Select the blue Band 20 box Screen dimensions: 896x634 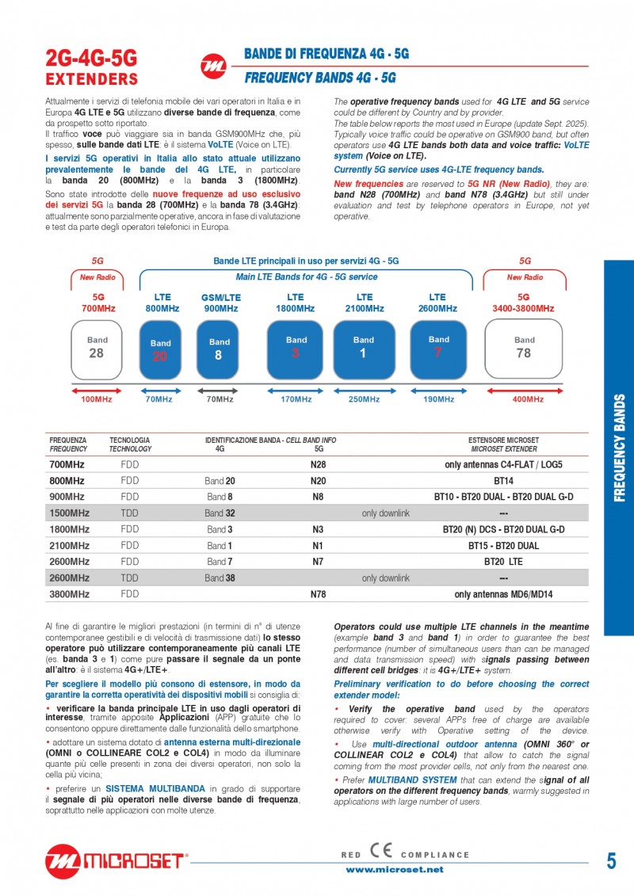click(x=160, y=350)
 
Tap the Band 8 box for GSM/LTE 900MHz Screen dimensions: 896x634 click(x=220, y=350)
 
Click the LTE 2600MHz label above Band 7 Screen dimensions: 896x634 click(x=437, y=303)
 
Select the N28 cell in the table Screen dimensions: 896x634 click(x=318, y=465)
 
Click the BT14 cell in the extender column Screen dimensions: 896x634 click(x=503, y=481)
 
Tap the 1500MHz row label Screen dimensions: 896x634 click(x=69, y=513)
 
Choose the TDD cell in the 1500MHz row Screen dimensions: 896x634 click(x=129, y=513)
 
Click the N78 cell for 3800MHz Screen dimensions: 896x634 click(x=318, y=593)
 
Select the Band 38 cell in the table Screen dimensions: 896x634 click(x=220, y=578)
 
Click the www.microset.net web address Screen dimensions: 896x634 click(x=394, y=869)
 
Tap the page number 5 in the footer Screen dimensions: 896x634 click(x=611, y=861)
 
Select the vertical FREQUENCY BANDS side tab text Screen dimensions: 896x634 click(x=620, y=448)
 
